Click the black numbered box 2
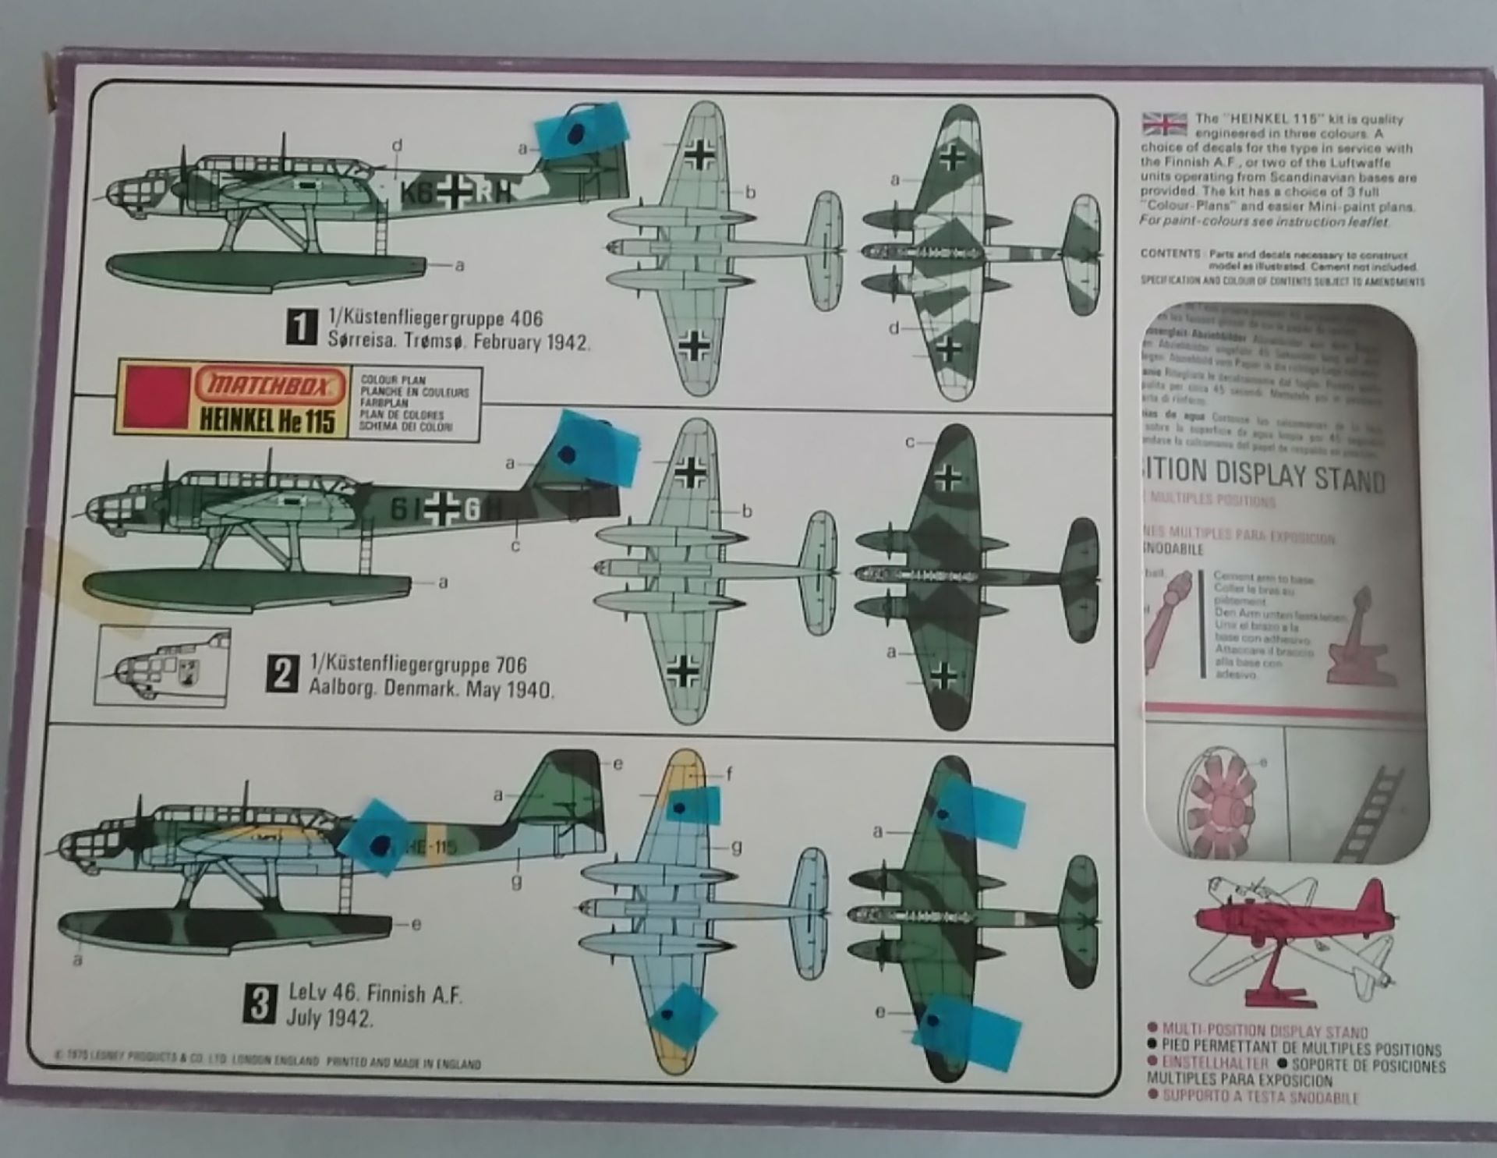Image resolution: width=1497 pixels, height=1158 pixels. pyautogui.click(x=281, y=674)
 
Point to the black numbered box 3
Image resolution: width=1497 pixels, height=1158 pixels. pyautogui.click(x=260, y=1004)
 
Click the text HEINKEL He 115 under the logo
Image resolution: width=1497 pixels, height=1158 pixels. pyautogui.click(x=267, y=421)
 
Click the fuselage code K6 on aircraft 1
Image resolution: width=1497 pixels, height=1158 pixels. pyautogui.click(x=418, y=194)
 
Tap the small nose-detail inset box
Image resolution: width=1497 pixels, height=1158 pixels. pyautogui.click(x=162, y=668)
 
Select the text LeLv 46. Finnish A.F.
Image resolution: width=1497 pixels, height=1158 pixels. pyautogui.click(x=375, y=993)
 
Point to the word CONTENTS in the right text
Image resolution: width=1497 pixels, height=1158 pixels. pyautogui.click(x=1170, y=254)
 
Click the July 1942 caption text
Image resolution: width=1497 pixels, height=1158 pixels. pyautogui.click(x=329, y=1018)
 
